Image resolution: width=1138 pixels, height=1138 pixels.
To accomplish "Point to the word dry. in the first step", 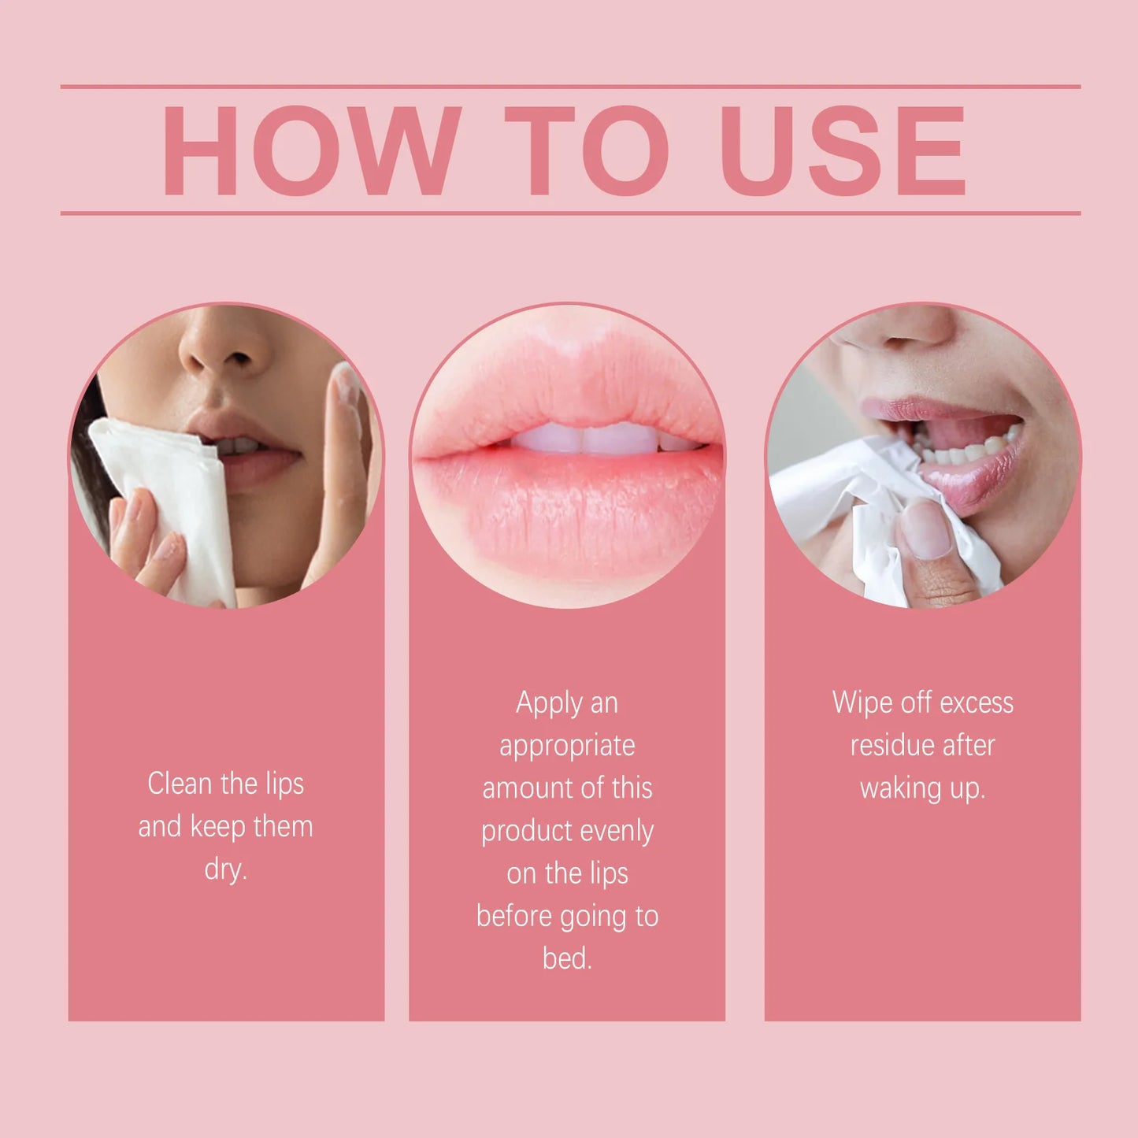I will click(226, 869).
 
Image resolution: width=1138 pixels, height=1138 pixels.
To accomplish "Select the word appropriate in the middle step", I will click(567, 746).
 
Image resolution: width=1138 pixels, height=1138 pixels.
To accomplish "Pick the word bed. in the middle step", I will click(567, 958).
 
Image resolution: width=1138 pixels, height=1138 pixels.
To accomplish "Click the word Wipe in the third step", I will click(862, 702).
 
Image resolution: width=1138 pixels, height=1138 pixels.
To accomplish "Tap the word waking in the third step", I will click(899, 788).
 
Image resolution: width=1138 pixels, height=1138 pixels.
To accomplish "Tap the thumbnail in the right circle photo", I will click(926, 529).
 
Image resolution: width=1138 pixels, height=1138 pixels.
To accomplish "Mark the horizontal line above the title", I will click(570, 87).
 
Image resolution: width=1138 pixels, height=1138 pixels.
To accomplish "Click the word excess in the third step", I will click(977, 702).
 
